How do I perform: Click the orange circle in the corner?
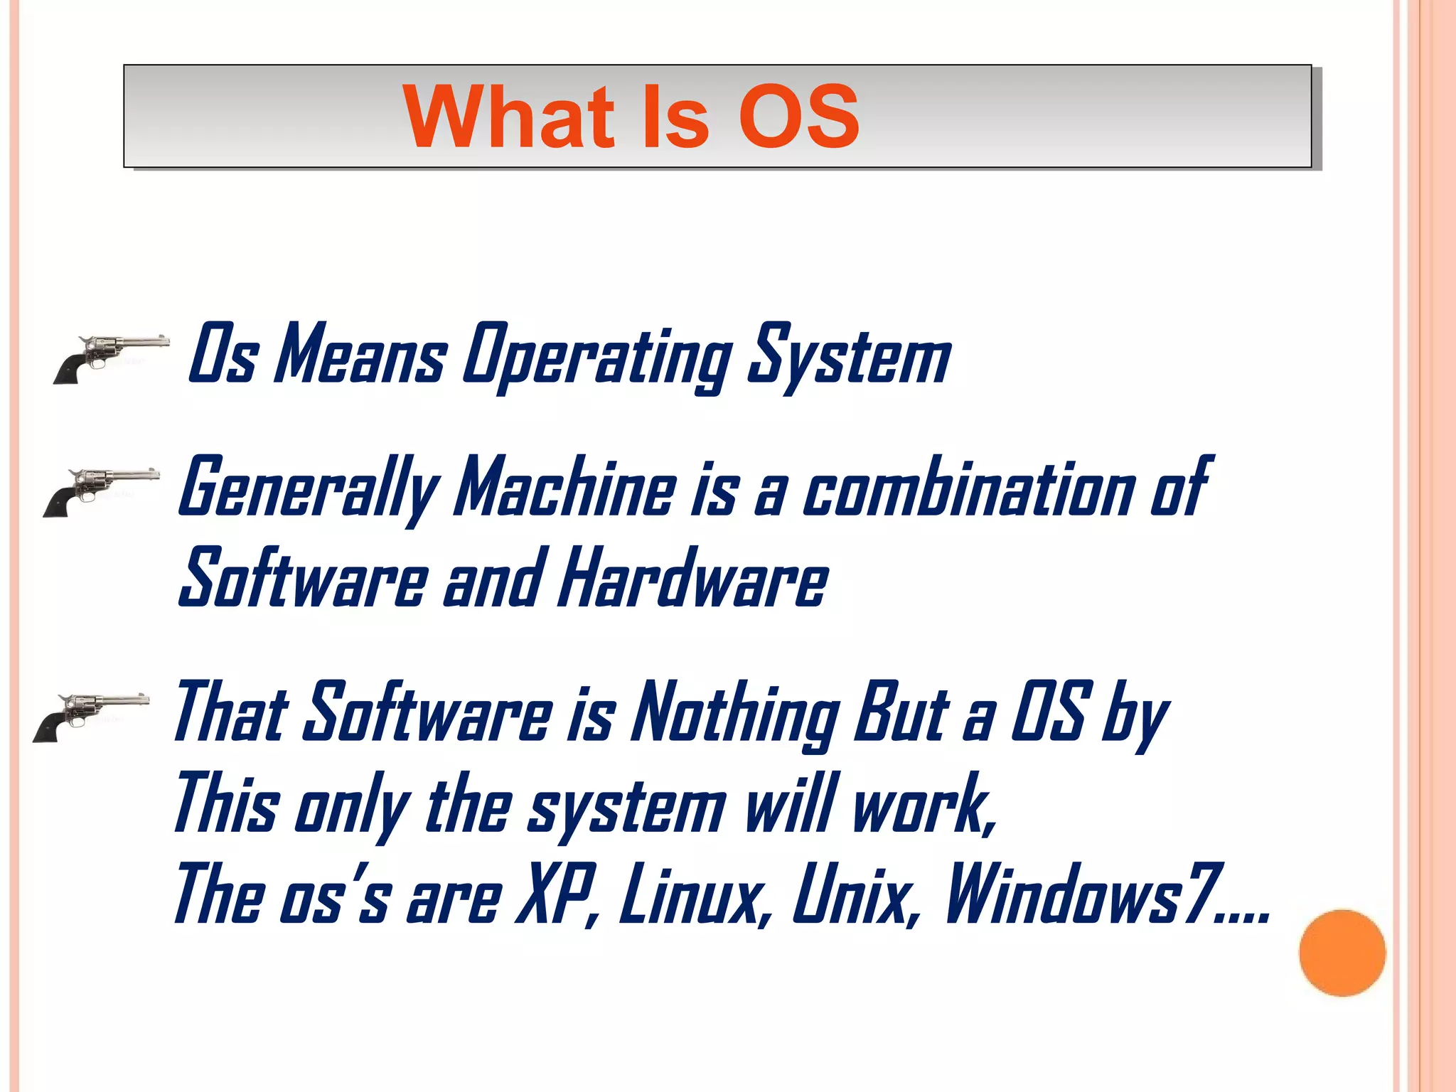(x=1342, y=953)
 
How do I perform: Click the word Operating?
(x=597, y=356)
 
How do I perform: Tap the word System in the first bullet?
(x=849, y=356)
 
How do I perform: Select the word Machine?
(x=566, y=488)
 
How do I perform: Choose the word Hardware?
(x=693, y=579)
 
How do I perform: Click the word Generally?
(x=309, y=488)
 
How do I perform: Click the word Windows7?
(x=1083, y=895)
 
